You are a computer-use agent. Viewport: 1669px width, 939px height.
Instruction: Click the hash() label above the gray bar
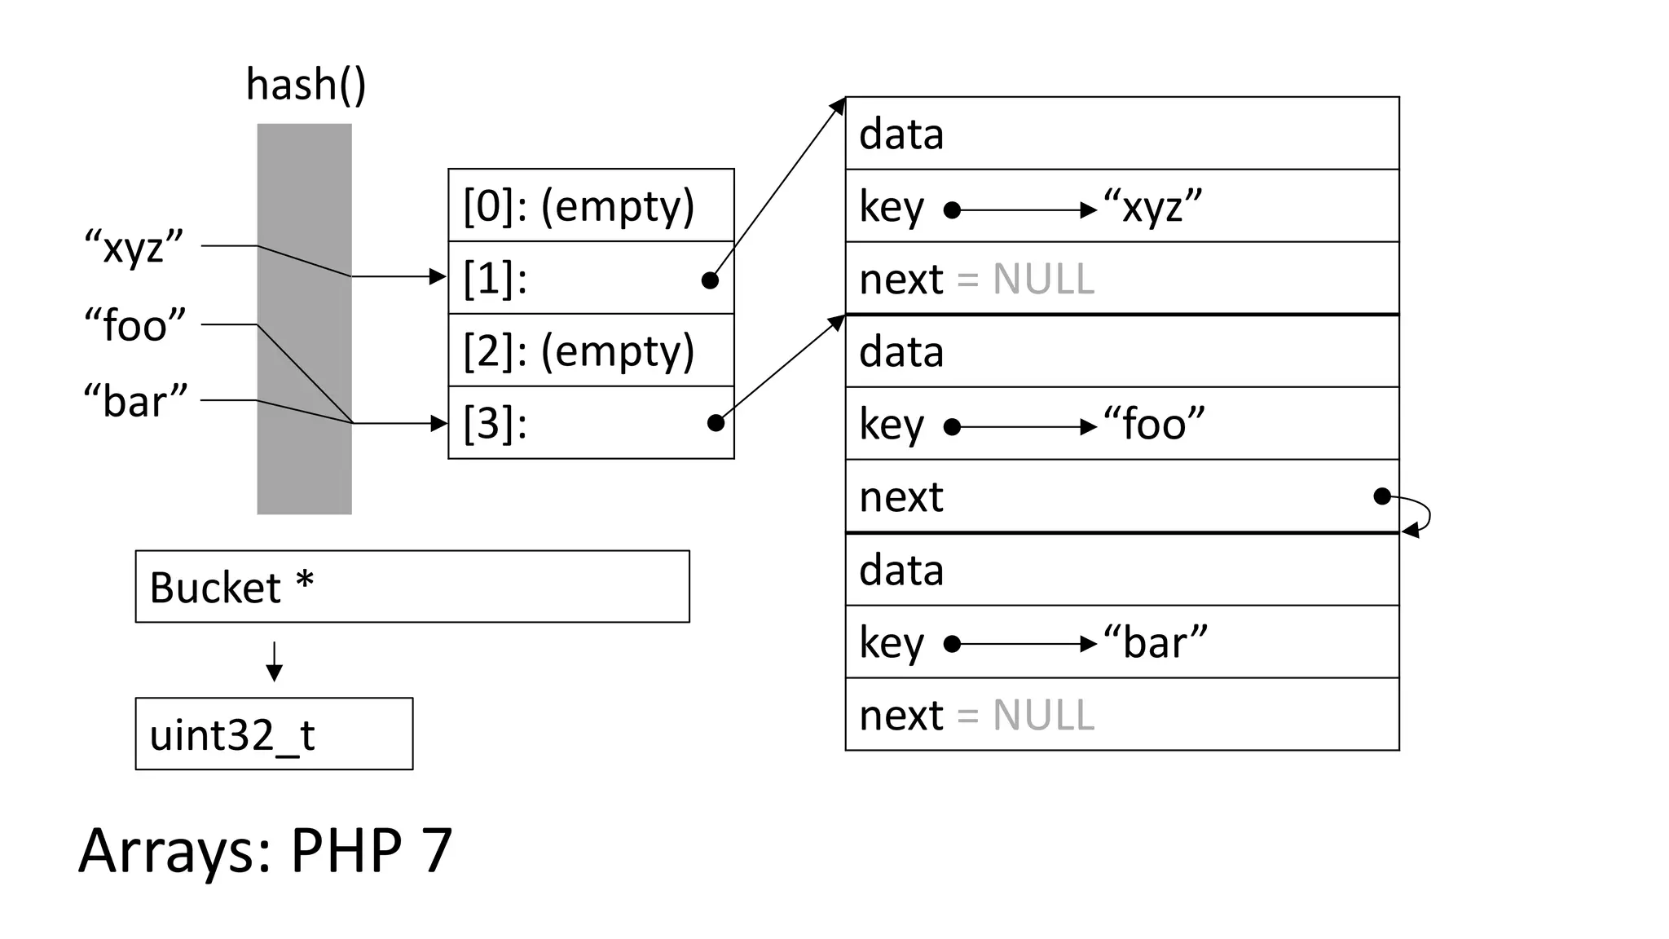coord(306,86)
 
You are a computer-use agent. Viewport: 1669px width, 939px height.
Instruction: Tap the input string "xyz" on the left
coord(134,247)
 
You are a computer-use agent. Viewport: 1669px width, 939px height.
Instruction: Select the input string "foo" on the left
coord(135,325)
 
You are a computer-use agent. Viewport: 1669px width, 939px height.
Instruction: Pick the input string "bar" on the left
coord(135,401)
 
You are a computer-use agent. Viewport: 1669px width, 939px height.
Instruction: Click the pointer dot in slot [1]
coord(710,280)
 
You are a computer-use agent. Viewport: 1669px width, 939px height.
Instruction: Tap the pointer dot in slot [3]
coord(716,422)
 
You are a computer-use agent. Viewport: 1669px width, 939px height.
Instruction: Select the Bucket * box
coord(412,587)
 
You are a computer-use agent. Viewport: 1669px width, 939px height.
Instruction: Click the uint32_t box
coord(274,734)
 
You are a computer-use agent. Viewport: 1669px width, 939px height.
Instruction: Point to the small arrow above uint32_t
coord(275,661)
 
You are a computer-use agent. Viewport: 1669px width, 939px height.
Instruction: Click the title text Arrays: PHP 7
coord(266,851)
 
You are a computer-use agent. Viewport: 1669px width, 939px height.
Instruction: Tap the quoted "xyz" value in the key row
coord(1152,207)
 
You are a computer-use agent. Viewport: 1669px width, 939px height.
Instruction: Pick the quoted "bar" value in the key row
coord(1155,642)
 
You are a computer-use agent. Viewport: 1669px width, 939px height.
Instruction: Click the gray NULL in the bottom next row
coord(1043,716)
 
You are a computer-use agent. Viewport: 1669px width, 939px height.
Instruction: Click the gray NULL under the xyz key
coord(1043,280)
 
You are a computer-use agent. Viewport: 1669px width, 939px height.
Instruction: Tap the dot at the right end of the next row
coord(1382,496)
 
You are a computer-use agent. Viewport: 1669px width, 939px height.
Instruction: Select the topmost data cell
coord(1122,134)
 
